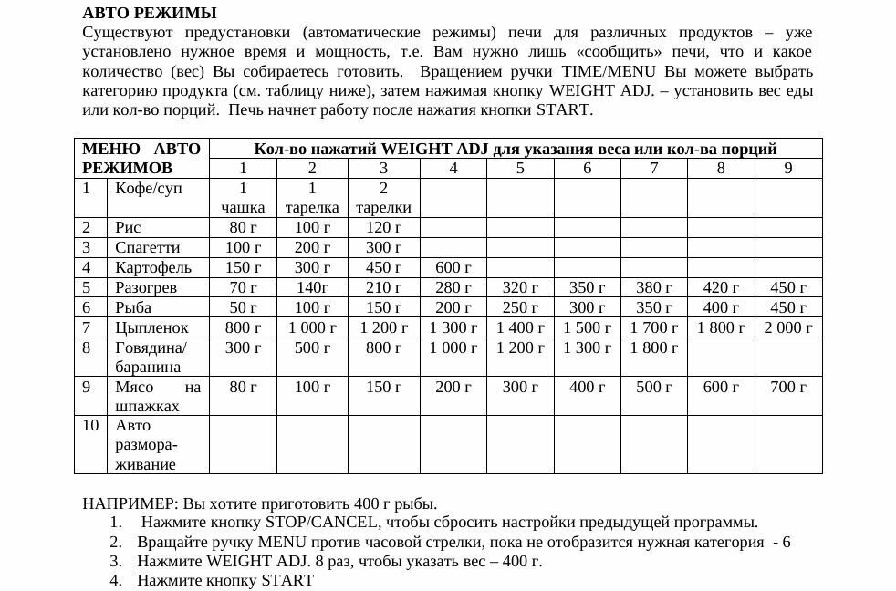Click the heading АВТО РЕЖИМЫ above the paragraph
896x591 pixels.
150,13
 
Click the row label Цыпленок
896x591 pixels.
151,327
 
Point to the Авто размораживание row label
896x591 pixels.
146,445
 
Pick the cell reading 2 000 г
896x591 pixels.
787,327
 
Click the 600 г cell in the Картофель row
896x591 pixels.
453,267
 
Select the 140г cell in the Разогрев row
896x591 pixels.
312,287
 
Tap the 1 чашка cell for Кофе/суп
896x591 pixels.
243,198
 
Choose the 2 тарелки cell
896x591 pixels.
383,198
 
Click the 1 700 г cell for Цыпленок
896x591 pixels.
654,327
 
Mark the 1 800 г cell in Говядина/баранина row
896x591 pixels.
654,347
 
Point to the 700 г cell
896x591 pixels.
788,387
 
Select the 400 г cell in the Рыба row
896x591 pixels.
721,307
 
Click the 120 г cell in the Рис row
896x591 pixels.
383,227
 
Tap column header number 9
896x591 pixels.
788,168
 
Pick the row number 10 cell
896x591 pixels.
90,426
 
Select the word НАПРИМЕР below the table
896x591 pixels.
130,503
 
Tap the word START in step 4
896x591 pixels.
287,580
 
